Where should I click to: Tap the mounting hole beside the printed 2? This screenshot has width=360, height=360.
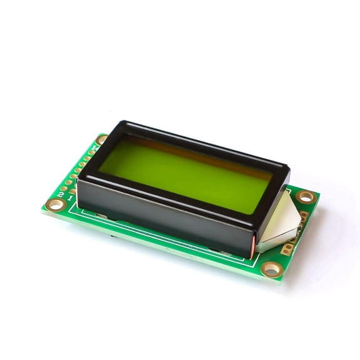(x=56, y=204)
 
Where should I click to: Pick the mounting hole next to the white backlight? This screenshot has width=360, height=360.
(x=306, y=197)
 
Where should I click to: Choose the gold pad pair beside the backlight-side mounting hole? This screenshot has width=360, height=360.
(x=304, y=216)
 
